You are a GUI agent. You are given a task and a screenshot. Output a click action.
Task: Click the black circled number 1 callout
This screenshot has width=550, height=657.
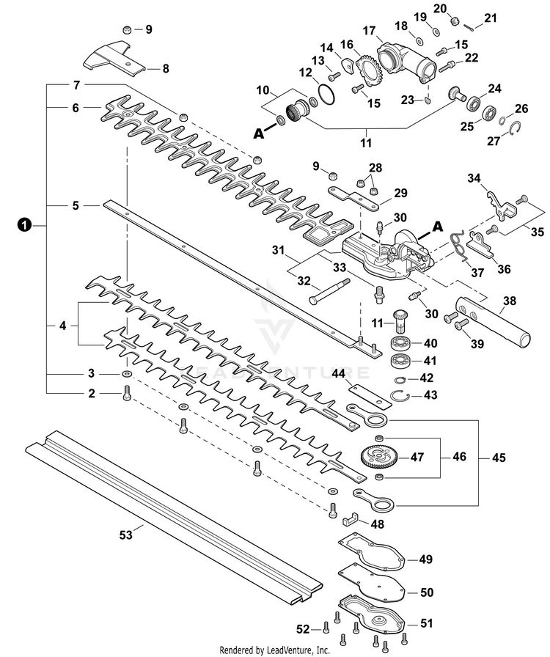click(x=24, y=226)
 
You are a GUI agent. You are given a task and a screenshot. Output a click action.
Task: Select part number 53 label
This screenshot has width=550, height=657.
click(x=125, y=535)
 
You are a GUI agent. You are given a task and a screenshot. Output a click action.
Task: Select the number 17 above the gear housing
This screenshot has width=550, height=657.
click(x=368, y=31)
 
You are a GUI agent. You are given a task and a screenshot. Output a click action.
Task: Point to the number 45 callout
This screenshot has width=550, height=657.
click(x=499, y=458)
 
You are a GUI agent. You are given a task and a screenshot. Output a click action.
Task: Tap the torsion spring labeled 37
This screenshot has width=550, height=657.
click(x=460, y=243)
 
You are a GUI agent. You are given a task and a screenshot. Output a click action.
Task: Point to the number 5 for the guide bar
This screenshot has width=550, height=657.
click(x=76, y=206)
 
